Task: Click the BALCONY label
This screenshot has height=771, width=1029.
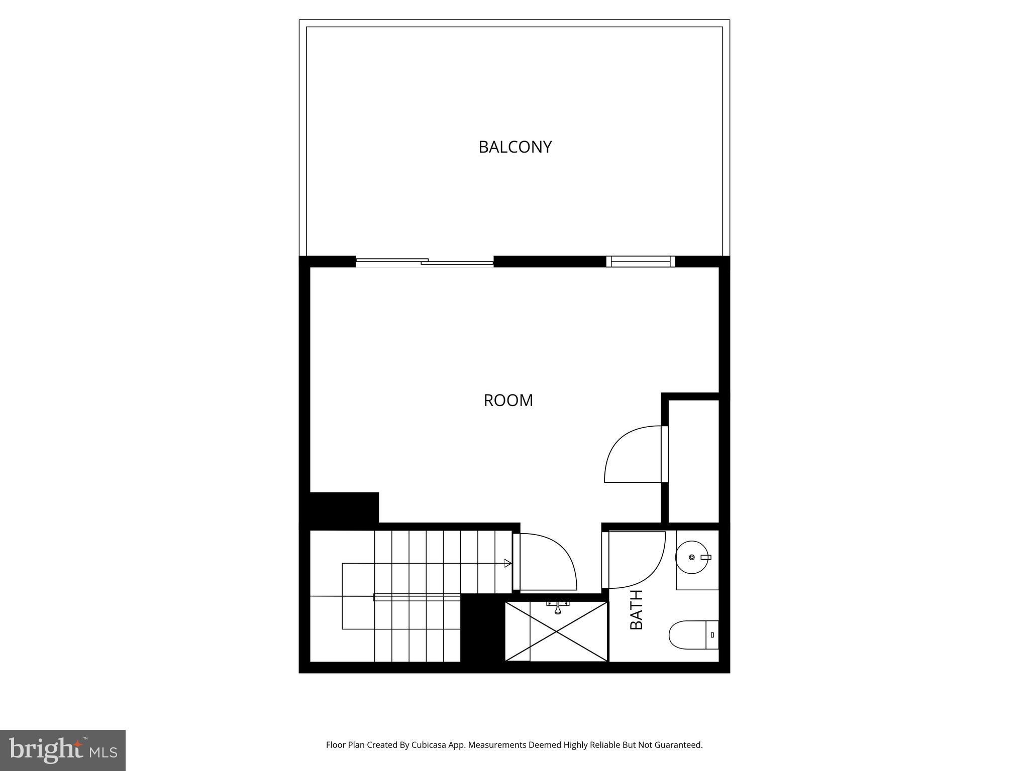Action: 515,147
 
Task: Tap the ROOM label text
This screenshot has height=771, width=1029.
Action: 508,401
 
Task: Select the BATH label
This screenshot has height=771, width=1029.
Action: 637,609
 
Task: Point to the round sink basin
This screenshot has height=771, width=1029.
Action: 692,557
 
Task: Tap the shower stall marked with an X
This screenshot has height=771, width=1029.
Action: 556,631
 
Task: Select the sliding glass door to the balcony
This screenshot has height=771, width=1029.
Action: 425,262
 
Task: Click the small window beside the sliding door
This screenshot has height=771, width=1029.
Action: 640,262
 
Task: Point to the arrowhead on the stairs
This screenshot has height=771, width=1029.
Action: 508,563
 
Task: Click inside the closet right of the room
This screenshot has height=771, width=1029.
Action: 693,462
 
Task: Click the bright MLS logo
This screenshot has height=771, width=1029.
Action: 63,750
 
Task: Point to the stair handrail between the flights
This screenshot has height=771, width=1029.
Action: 417,597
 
